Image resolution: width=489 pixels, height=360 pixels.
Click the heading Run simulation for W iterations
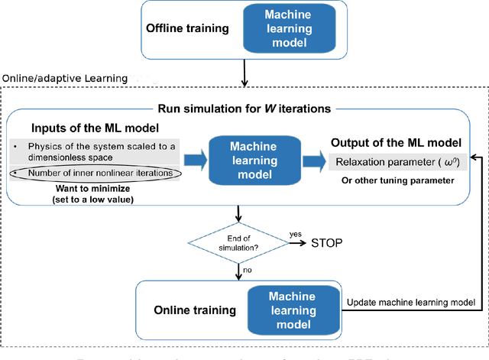pos(244,109)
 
